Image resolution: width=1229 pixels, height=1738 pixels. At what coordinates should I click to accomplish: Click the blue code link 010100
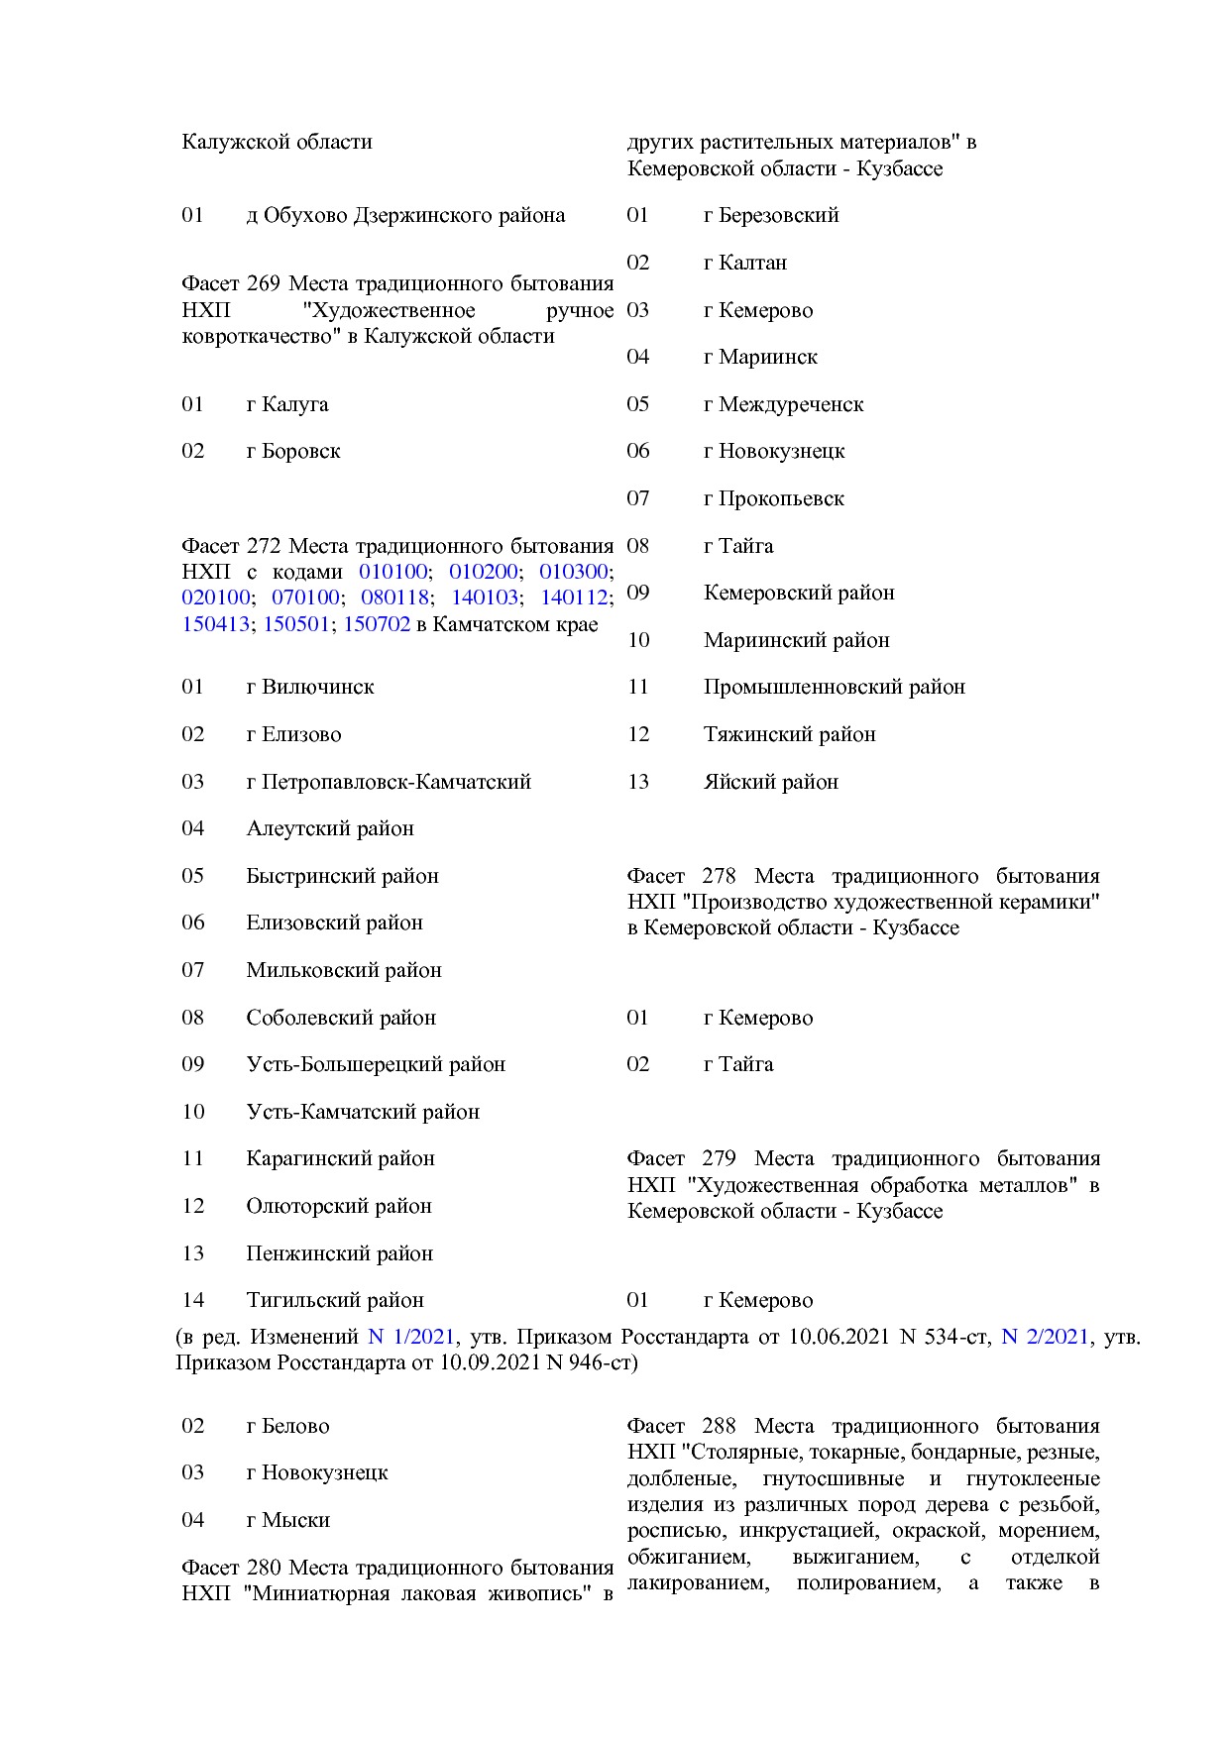coord(392,572)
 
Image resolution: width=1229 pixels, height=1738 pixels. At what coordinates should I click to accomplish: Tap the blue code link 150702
coord(377,624)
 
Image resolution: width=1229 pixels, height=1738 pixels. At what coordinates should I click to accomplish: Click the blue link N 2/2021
coord(1045,1337)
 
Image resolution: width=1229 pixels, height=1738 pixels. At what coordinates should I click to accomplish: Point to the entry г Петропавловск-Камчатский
coord(389,782)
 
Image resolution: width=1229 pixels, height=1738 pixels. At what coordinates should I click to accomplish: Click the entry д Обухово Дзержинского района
coord(405,215)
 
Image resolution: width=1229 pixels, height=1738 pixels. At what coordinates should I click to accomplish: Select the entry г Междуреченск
coord(783,404)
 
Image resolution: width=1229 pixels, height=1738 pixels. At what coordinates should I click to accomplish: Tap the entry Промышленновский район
coord(834,687)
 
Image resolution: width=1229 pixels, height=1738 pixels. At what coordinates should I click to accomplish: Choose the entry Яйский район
coord(770,782)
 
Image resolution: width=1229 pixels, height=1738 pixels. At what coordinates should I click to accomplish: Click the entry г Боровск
coord(293,451)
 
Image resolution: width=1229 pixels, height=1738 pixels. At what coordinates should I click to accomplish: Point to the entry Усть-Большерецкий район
coord(376,1064)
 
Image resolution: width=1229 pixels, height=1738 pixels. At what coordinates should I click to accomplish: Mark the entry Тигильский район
coord(335,1300)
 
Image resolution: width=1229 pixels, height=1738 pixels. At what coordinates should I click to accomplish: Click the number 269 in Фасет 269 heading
coord(264,283)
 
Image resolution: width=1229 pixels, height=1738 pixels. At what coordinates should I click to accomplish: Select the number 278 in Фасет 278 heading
coord(719,876)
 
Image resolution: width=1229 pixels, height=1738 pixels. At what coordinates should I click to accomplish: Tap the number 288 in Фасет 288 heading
coord(719,1426)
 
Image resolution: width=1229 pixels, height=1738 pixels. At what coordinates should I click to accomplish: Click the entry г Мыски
coord(287,1520)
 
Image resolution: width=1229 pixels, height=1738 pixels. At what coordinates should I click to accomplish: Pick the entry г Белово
coord(287,1426)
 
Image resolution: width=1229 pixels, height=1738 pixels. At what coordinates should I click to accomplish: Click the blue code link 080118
coord(394,597)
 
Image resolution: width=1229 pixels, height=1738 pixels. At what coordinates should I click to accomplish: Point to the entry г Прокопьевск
coord(773,498)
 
